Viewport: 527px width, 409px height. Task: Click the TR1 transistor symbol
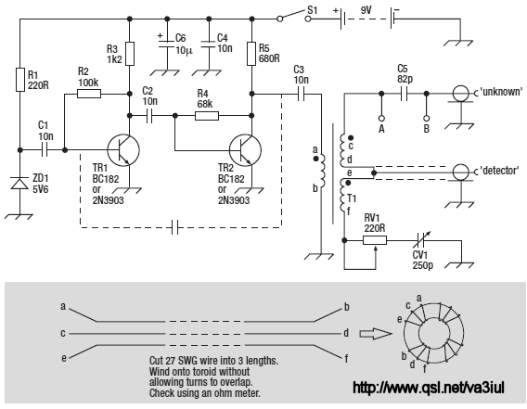click(123, 150)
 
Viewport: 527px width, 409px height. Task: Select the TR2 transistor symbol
click(245, 150)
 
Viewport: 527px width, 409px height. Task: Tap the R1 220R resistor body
click(20, 80)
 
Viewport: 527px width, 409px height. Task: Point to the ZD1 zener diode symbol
click(19, 184)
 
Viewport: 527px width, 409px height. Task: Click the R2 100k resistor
click(89, 94)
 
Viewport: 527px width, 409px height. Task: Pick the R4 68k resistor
click(207, 116)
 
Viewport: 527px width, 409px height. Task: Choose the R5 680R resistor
click(251, 54)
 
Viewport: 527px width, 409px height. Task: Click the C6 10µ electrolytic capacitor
click(167, 45)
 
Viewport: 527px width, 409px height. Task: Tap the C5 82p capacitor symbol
click(404, 94)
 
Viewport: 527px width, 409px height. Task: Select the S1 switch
click(294, 16)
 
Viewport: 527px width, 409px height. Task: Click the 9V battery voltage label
click(366, 10)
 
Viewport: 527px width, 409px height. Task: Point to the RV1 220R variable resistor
click(375, 240)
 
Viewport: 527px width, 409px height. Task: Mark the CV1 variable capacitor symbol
click(420, 240)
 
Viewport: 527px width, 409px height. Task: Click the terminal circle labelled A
click(381, 119)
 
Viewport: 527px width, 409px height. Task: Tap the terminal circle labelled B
click(426, 119)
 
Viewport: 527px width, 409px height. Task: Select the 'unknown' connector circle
click(460, 94)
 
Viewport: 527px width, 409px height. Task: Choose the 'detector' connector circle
click(460, 173)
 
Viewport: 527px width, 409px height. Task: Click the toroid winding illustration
click(433, 333)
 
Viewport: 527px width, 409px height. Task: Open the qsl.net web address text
click(429, 388)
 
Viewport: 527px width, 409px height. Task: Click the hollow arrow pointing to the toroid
click(376, 334)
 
